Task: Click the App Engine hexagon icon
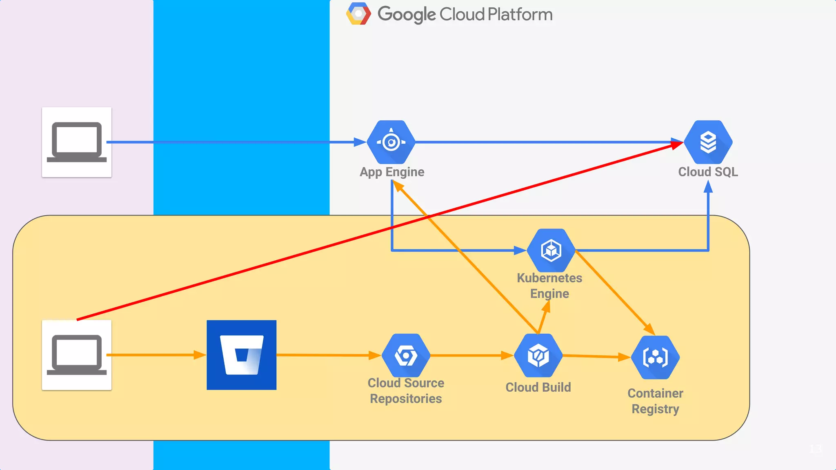click(391, 142)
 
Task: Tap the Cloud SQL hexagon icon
click(708, 142)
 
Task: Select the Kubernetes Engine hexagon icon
click(551, 250)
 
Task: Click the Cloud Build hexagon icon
click(538, 355)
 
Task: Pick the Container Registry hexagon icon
click(655, 357)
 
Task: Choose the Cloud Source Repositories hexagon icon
click(406, 355)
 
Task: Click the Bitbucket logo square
click(241, 355)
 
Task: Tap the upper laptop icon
click(77, 142)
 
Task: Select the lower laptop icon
click(77, 355)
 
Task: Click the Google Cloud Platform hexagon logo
click(358, 14)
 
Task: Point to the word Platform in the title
click(520, 14)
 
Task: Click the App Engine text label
click(392, 172)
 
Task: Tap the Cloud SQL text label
click(708, 172)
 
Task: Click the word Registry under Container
click(655, 409)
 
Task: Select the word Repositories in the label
click(406, 399)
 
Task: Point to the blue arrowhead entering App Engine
click(360, 142)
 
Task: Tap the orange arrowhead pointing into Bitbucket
click(200, 355)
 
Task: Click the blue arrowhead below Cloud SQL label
click(708, 187)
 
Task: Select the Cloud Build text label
click(538, 387)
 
